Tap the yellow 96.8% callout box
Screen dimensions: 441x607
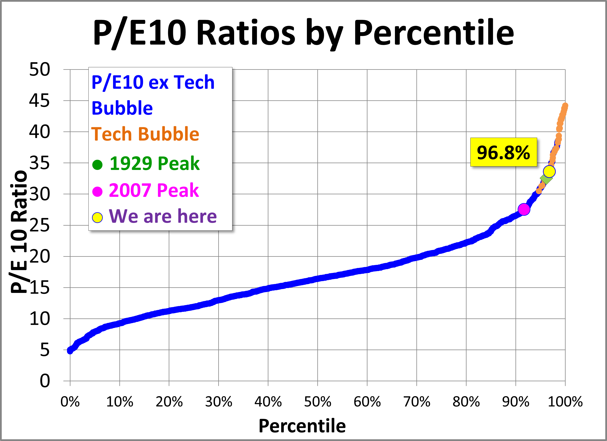[503, 152]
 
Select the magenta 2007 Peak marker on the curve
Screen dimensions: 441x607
[524, 209]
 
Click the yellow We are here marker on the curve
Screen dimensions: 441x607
[549, 171]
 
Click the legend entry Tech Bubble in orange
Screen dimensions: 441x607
[145, 134]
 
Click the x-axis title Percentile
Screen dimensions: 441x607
[302, 426]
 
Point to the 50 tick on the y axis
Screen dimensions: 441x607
[39, 70]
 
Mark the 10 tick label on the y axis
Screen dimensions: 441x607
[39, 319]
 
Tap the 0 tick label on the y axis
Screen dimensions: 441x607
[45, 381]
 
